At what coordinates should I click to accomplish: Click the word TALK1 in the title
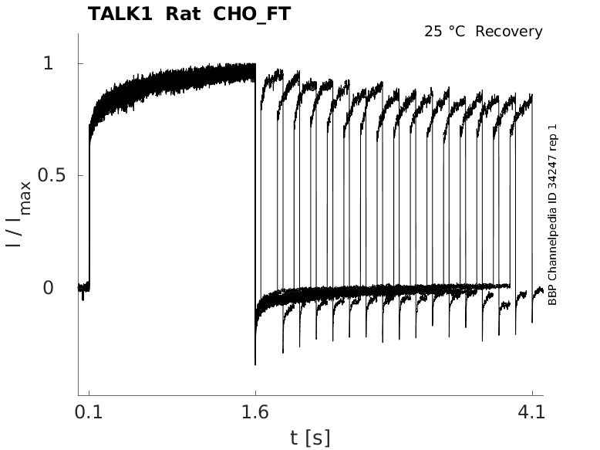[x=120, y=14]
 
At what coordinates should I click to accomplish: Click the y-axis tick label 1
[x=49, y=63]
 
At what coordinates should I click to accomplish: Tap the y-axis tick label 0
[x=49, y=288]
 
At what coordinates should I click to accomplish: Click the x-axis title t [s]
[x=310, y=438]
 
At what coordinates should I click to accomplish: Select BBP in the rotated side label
[x=552, y=294]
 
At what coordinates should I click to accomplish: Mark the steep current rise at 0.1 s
[x=89, y=216]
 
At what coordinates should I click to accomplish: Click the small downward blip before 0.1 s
[x=83, y=296]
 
